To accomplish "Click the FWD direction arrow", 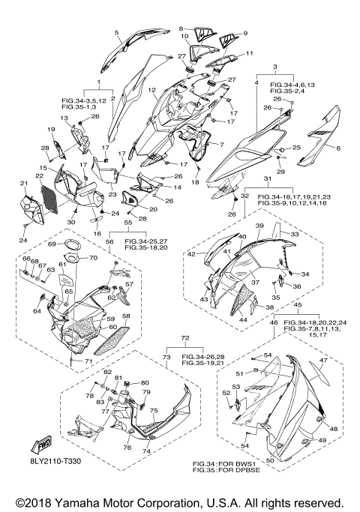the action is [x=40, y=445].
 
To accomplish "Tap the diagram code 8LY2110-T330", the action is [x=54, y=461].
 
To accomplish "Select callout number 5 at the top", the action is [x=116, y=32].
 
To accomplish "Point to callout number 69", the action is [x=52, y=244].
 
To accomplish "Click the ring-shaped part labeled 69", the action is [x=71, y=246].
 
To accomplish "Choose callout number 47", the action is [x=323, y=361].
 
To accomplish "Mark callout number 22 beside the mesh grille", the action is [x=40, y=176].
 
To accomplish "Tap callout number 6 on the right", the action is [x=338, y=148].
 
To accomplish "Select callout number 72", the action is [x=185, y=338].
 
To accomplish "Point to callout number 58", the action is [x=126, y=316].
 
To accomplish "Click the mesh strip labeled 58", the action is [x=112, y=340].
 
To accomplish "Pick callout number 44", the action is [x=243, y=321].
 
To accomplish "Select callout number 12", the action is [x=151, y=90].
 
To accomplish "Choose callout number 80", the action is [x=145, y=383].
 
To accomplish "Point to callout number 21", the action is [x=23, y=184].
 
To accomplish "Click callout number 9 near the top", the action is [x=245, y=33].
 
